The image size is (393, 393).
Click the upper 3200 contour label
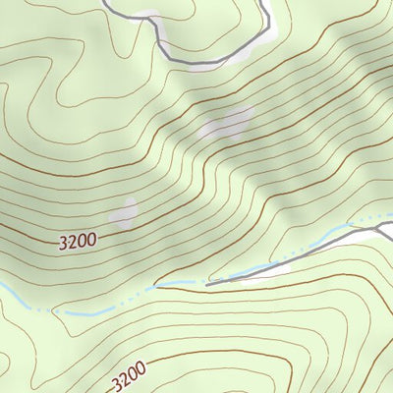[x=78, y=239]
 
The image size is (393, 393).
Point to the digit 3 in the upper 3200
[x=64, y=243]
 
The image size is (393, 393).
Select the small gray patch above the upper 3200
[x=124, y=213]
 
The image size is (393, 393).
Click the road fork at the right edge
[x=379, y=230]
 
